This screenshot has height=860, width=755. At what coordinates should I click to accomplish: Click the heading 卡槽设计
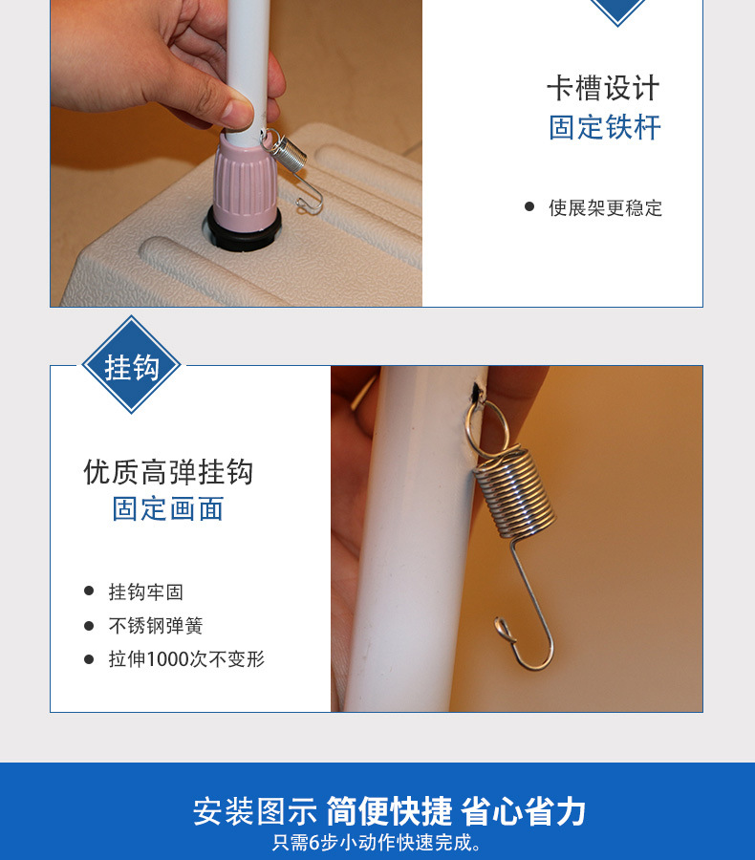604,88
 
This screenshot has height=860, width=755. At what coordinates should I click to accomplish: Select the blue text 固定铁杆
605,128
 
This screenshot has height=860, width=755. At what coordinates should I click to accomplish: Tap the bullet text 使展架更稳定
605,208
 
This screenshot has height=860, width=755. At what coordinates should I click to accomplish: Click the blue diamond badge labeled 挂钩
131,365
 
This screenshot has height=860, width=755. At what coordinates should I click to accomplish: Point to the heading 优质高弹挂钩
168,472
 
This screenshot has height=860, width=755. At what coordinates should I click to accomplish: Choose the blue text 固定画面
168,509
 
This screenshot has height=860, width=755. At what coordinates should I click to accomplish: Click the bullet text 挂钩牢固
145,591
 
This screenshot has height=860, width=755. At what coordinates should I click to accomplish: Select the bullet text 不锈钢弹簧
155,625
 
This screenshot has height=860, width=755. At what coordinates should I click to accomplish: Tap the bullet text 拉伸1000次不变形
186,658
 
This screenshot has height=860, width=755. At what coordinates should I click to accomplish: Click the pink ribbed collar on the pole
244,176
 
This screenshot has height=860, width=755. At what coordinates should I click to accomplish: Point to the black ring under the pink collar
245,229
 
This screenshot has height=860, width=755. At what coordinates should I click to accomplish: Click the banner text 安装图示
255,811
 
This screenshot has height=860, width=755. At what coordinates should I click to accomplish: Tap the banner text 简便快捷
390,811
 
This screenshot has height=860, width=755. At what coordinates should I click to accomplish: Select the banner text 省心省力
524,811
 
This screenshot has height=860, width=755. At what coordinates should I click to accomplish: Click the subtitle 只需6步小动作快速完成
377,843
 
